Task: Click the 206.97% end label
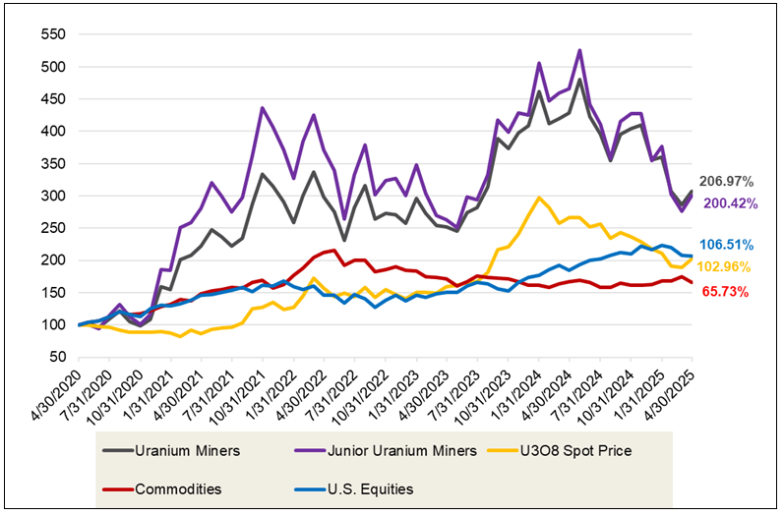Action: click(x=726, y=181)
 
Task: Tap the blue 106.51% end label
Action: click(x=726, y=245)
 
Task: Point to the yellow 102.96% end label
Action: click(x=726, y=266)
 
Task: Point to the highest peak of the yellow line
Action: click(x=539, y=198)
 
